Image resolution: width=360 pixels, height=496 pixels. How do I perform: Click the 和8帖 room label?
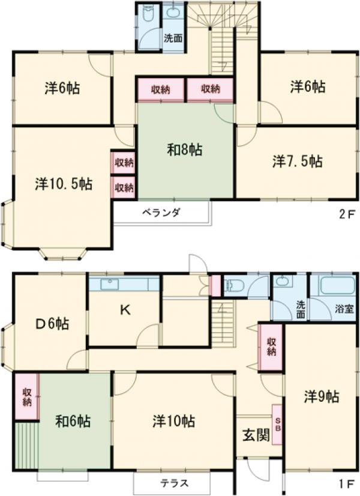[x=184, y=150]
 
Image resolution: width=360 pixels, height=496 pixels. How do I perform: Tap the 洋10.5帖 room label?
[x=63, y=184]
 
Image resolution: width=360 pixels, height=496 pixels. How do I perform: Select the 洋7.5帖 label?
[x=298, y=162]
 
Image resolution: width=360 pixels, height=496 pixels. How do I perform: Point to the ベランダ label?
[x=161, y=213]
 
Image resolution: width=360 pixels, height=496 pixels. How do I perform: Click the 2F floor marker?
[x=343, y=213]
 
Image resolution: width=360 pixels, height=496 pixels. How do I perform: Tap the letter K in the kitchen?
[x=125, y=310]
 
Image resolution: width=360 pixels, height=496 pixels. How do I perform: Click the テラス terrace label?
[x=175, y=482]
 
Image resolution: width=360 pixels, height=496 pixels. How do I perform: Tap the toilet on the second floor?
[x=149, y=14]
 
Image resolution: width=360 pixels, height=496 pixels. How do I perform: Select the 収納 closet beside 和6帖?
[x=27, y=396]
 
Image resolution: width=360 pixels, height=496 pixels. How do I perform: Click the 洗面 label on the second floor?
[x=174, y=38]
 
